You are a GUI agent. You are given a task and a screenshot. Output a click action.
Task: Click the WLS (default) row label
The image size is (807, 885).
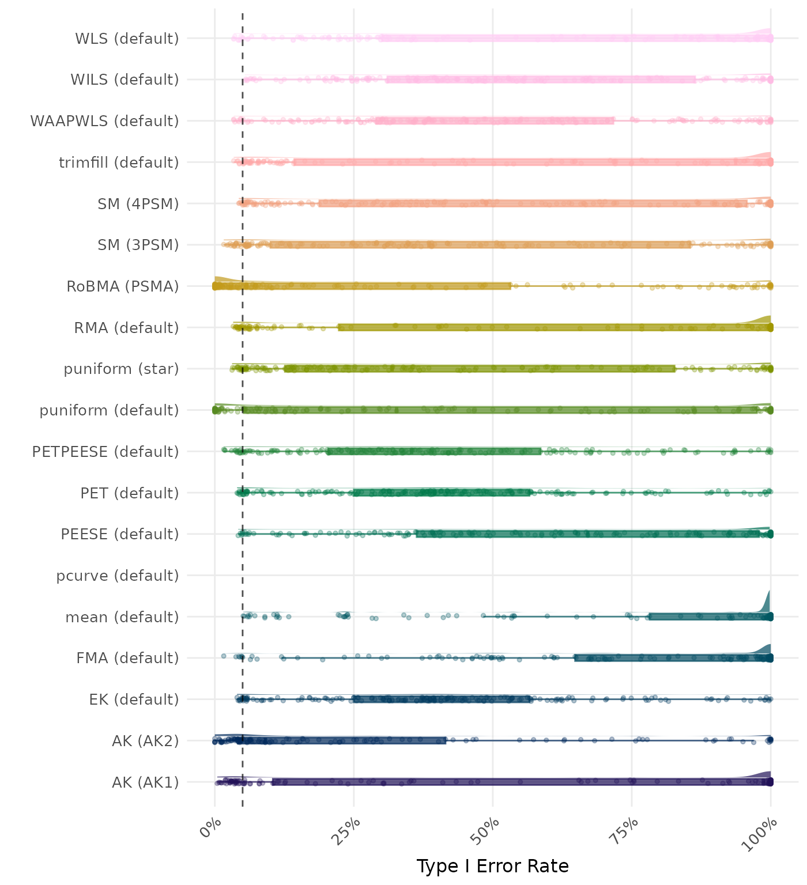pos(127,39)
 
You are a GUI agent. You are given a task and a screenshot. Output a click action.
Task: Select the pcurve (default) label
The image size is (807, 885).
pos(118,576)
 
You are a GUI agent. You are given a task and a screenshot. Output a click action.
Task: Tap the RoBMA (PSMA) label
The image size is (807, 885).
pos(123,286)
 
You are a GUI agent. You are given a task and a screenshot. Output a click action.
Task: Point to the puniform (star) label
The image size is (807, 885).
pos(121,369)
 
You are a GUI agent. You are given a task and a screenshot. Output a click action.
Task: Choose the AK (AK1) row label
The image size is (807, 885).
pos(145,782)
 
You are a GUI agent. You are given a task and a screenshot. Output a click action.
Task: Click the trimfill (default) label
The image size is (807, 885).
pos(119,162)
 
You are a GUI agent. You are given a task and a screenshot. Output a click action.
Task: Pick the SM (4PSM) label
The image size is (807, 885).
pos(138,204)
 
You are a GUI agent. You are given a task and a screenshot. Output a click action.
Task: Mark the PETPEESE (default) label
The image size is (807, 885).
pos(105,452)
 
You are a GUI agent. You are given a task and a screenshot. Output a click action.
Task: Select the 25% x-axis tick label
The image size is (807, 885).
pos(349,830)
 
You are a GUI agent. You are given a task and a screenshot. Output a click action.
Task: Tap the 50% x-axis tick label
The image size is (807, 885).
pos(488,830)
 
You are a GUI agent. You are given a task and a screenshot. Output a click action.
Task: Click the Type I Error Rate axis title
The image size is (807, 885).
pos(492,866)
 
